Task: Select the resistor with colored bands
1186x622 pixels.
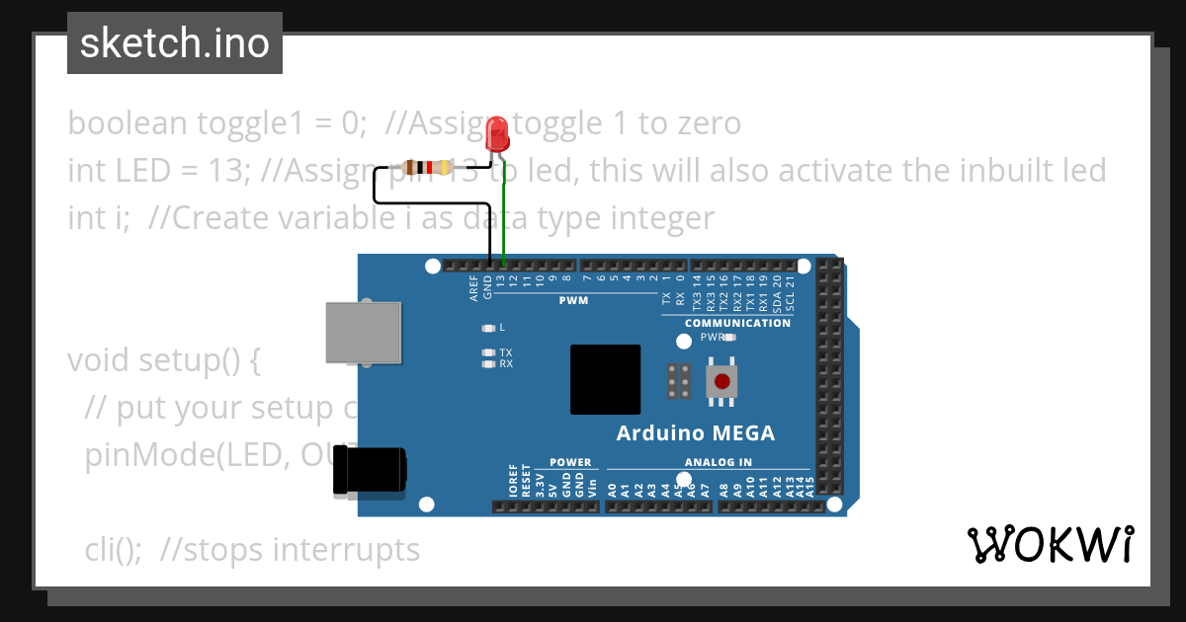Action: pos(427,168)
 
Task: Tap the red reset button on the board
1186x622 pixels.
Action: pos(722,381)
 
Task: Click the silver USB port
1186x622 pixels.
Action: pos(363,333)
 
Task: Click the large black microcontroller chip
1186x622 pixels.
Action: pos(605,379)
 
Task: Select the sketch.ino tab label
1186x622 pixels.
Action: pos(175,43)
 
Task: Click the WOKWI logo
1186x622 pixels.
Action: pos(1051,545)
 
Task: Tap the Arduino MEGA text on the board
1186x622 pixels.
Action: pos(696,433)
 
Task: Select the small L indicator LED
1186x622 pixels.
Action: pos(487,327)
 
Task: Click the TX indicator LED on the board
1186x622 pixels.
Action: pos(487,352)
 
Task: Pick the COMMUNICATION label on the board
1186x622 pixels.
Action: pos(737,323)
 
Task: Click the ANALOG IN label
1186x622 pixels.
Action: pos(718,462)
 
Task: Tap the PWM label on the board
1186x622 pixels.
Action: pos(573,300)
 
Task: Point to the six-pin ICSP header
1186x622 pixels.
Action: pos(679,381)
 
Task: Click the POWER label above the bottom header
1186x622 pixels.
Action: pos(570,462)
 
